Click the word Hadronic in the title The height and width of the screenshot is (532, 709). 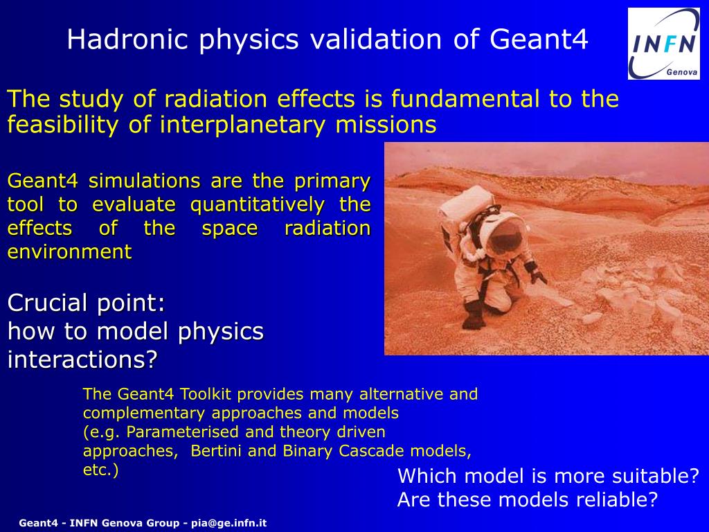[127, 39]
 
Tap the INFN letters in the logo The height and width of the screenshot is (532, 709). [664, 45]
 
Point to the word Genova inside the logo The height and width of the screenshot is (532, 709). [682, 72]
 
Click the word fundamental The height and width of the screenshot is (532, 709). [465, 98]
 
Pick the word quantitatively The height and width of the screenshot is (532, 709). [258, 205]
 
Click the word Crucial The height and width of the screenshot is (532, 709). [49, 303]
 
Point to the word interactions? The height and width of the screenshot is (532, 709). [82, 360]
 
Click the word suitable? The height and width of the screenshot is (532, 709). [656, 477]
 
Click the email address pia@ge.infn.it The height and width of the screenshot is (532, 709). [228, 524]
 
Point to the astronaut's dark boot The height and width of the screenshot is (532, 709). [474, 316]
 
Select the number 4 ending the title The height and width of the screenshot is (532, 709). [581, 39]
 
